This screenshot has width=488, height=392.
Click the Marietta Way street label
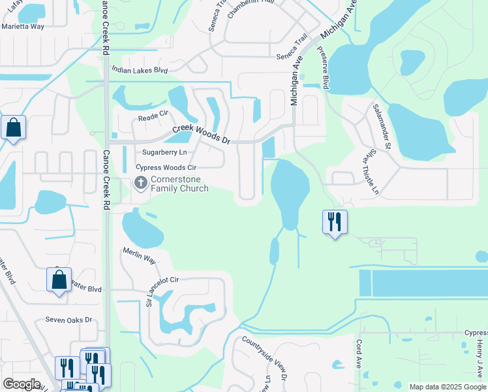point(23,27)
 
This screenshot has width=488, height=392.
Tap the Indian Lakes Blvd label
point(140,70)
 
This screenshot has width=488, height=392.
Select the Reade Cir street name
point(153,118)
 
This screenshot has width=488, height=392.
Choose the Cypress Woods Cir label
point(166,167)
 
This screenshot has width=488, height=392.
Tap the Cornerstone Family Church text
point(179,184)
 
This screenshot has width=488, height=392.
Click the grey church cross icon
point(140,184)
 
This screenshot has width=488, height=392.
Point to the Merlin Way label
point(140,255)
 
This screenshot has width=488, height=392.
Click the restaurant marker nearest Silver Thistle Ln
point(335,222)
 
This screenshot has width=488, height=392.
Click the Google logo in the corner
point(22,384)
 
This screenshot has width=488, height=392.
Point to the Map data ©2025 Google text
point(448,387)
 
